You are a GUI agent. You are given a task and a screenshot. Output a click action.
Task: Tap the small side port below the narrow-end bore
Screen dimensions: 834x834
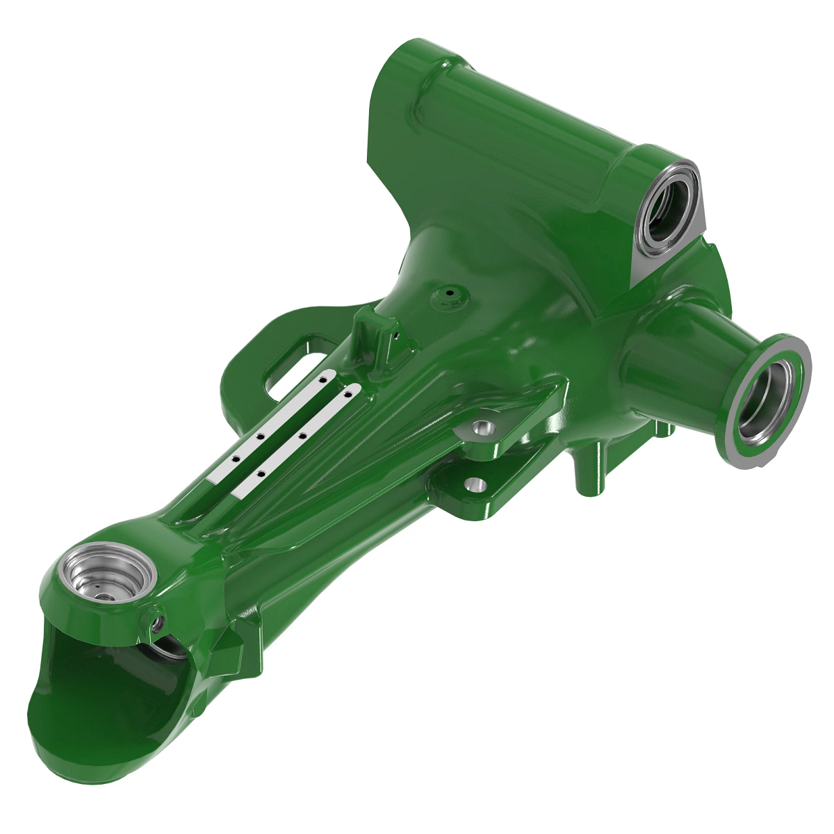(156, 621)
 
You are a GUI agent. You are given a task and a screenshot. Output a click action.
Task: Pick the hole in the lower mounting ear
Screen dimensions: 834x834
(475, 484)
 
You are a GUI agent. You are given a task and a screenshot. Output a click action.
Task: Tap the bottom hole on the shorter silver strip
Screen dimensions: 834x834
(236, 459)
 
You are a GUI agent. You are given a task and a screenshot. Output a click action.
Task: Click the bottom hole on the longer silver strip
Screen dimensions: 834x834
(260, 473)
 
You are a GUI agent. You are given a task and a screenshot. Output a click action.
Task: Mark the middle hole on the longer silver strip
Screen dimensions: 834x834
(303, 435)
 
